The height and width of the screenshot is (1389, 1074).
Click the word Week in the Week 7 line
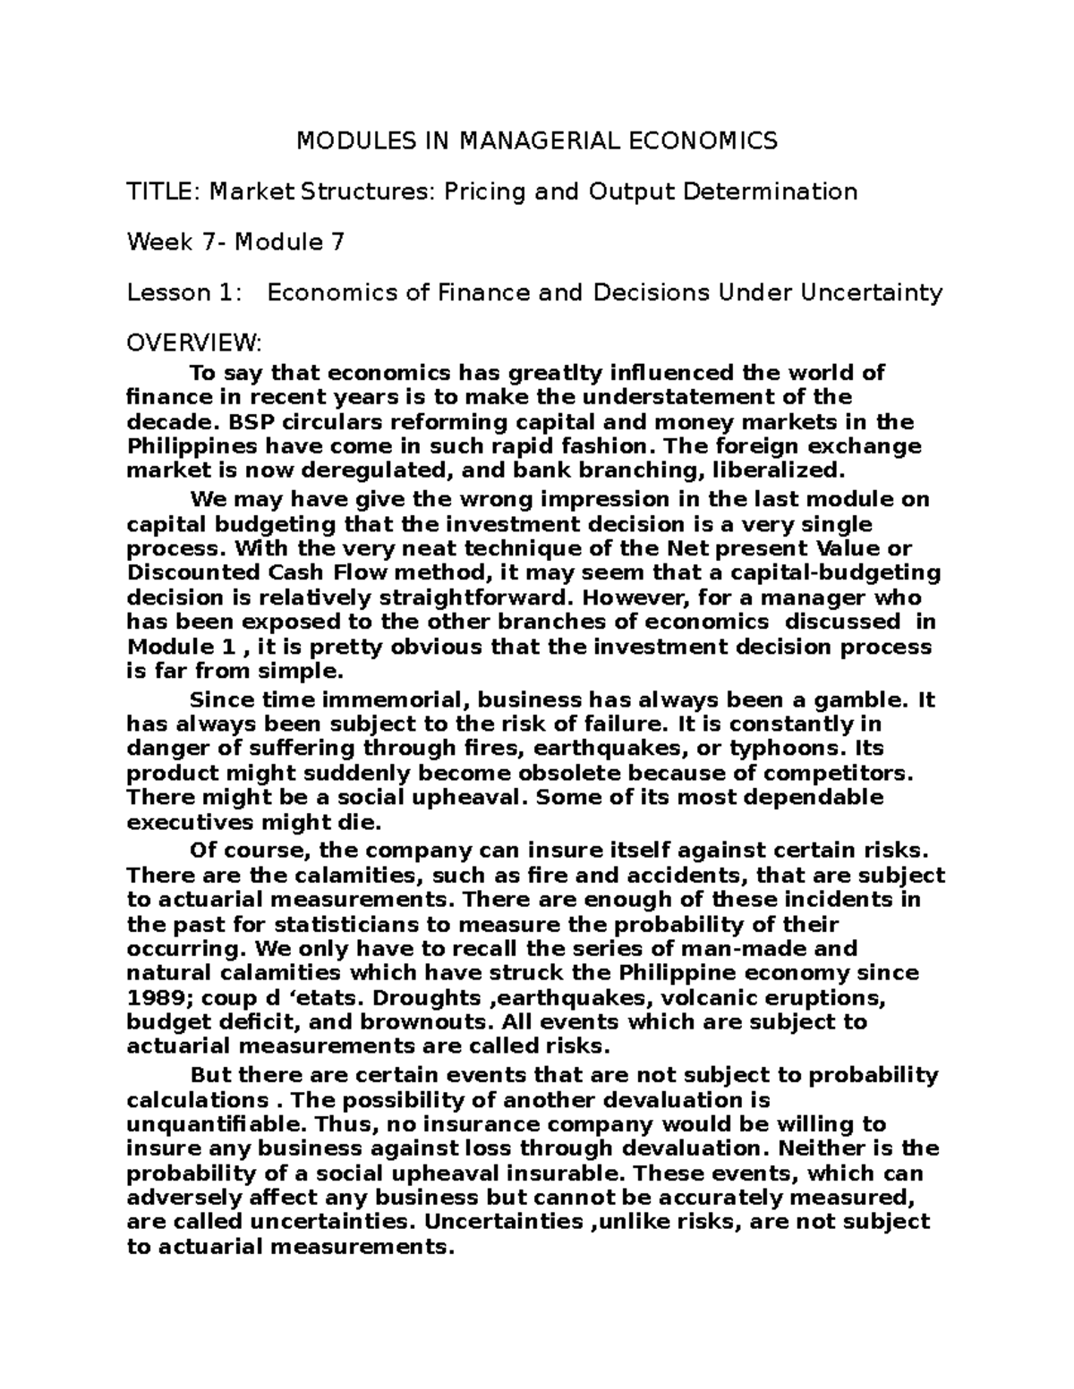coord(159,242)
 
